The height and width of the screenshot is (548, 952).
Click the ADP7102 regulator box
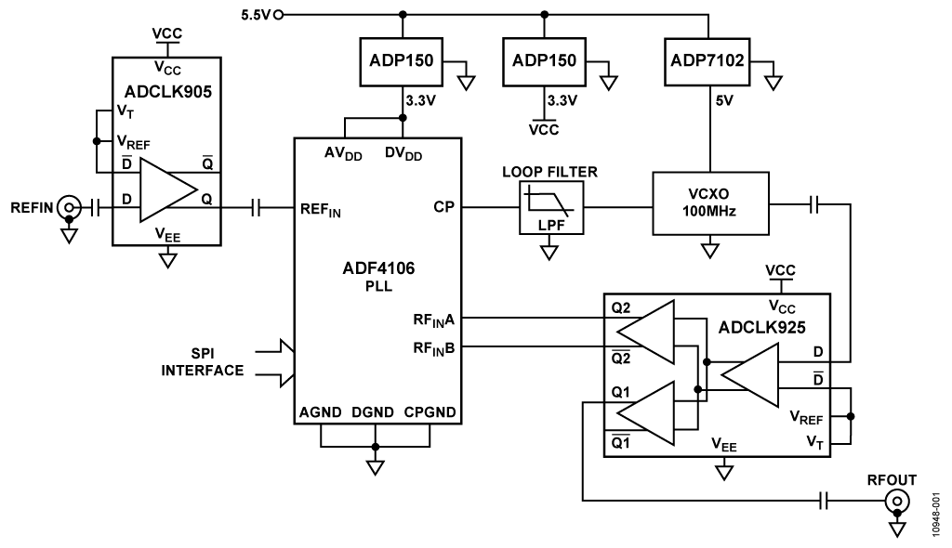tap(709, 63)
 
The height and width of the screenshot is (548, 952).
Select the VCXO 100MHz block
tap(711, 201)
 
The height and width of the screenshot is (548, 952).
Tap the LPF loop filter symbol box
tap(551, 208)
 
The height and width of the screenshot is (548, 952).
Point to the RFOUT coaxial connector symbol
tap(896, 502)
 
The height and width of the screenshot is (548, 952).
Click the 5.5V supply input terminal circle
tap(279, 15)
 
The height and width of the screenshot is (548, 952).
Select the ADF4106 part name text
tap(377, 269)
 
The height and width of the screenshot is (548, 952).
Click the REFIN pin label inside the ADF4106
tap(320, 211)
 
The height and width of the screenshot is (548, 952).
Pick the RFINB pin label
tap(433, 348)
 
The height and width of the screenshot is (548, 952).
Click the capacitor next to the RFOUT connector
tap(825, 502)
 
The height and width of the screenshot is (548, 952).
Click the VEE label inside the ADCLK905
tap(167, 234)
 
